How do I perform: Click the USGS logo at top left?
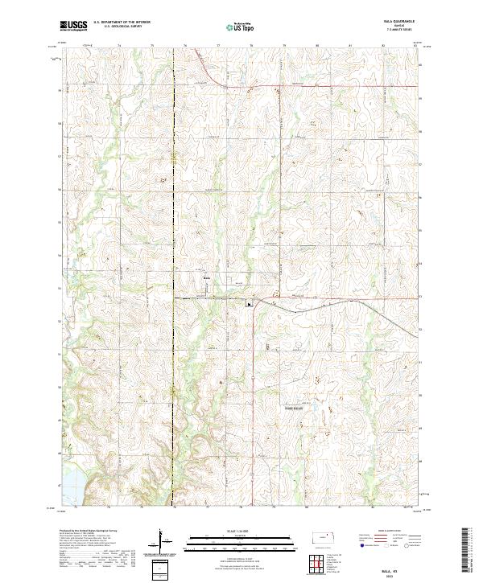75,26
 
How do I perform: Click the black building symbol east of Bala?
249,304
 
